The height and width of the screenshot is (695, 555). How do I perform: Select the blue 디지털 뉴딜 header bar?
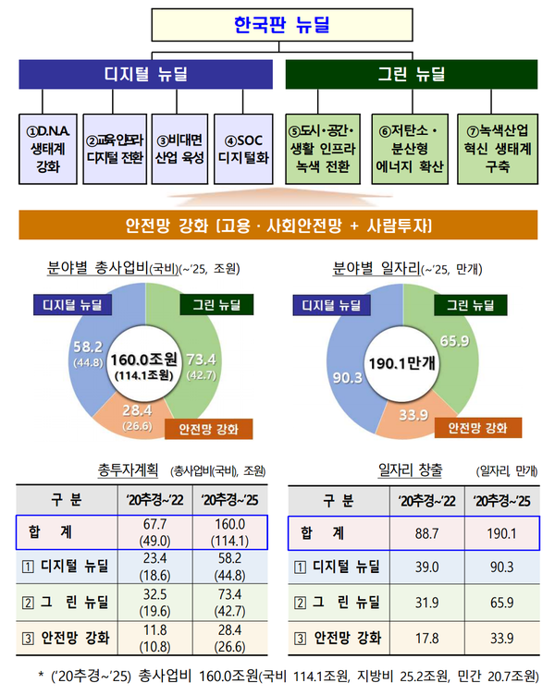coord(146,74)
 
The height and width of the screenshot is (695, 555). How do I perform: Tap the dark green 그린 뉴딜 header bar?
coord(412,74)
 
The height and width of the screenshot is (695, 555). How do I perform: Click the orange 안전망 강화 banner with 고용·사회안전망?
coord(277,226)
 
